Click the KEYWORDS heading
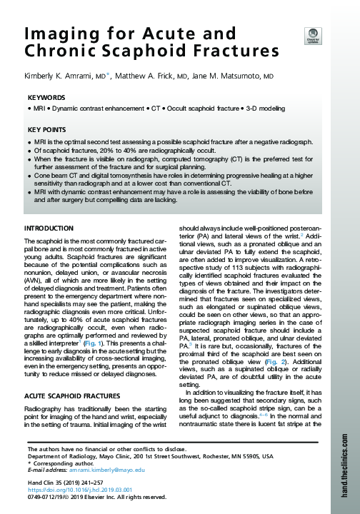coord(48,97)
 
